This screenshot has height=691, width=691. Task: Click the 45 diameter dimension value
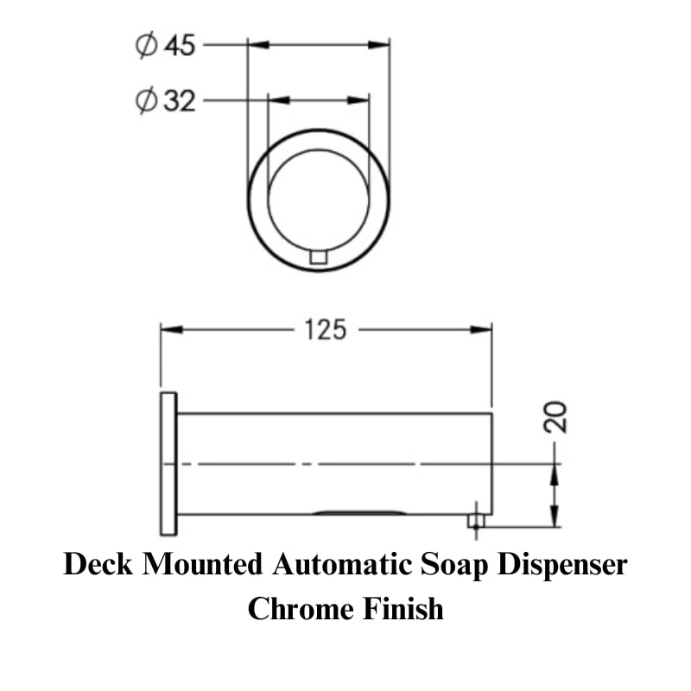[x=180, y=46]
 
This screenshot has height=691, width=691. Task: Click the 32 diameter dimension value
[x=180, y=101]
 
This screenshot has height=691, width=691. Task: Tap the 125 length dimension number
[x=326, y=330]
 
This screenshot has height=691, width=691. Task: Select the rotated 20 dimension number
[x=555, y=417]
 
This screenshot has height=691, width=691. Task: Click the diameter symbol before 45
[x=146, y=45]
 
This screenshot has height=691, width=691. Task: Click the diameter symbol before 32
[x=146, y=101]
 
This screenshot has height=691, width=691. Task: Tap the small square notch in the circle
[x=318, y=257]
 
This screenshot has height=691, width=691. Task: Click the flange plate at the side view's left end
[x=168, y=464]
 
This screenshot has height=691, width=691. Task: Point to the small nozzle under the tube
[x=476, y=521]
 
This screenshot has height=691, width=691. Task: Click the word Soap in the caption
[x=454, y=565]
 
